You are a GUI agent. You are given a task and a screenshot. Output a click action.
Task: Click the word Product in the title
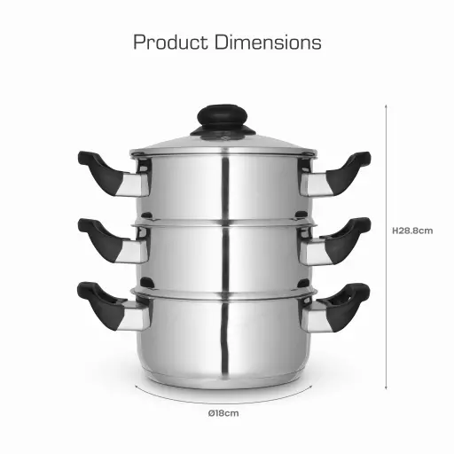pos(170,42)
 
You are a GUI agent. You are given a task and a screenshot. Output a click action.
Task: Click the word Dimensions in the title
pos(268,42)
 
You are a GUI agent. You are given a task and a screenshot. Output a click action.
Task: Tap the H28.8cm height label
pos(412,231)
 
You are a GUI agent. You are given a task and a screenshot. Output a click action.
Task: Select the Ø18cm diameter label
pos(223,413)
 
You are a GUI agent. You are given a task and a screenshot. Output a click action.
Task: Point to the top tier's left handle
pos(113,174)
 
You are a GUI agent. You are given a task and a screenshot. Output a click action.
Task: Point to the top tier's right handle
pos(335,174)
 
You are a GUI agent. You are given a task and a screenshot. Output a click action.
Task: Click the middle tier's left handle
pos(113,241)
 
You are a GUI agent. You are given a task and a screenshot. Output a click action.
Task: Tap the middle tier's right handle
pos(335,241)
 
